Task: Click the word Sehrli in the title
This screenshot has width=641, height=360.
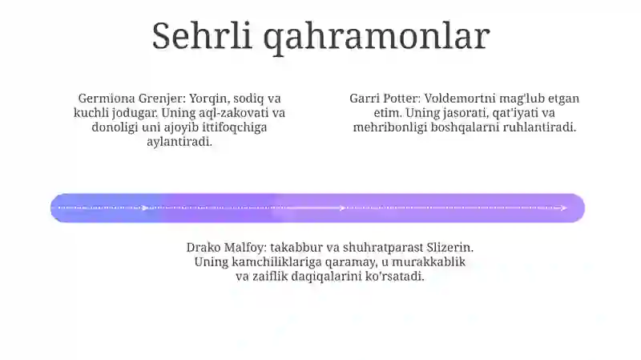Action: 202,36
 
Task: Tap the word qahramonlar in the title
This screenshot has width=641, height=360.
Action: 377,38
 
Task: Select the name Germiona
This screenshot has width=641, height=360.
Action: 107,98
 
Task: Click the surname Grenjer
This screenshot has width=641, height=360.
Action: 162,99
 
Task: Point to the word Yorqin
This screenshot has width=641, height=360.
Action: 209,99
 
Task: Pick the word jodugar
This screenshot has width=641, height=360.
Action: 135,113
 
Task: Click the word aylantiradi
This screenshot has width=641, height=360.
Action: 179,142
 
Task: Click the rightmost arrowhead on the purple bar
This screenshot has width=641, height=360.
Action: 564,208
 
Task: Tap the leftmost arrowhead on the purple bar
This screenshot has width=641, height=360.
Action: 145,208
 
